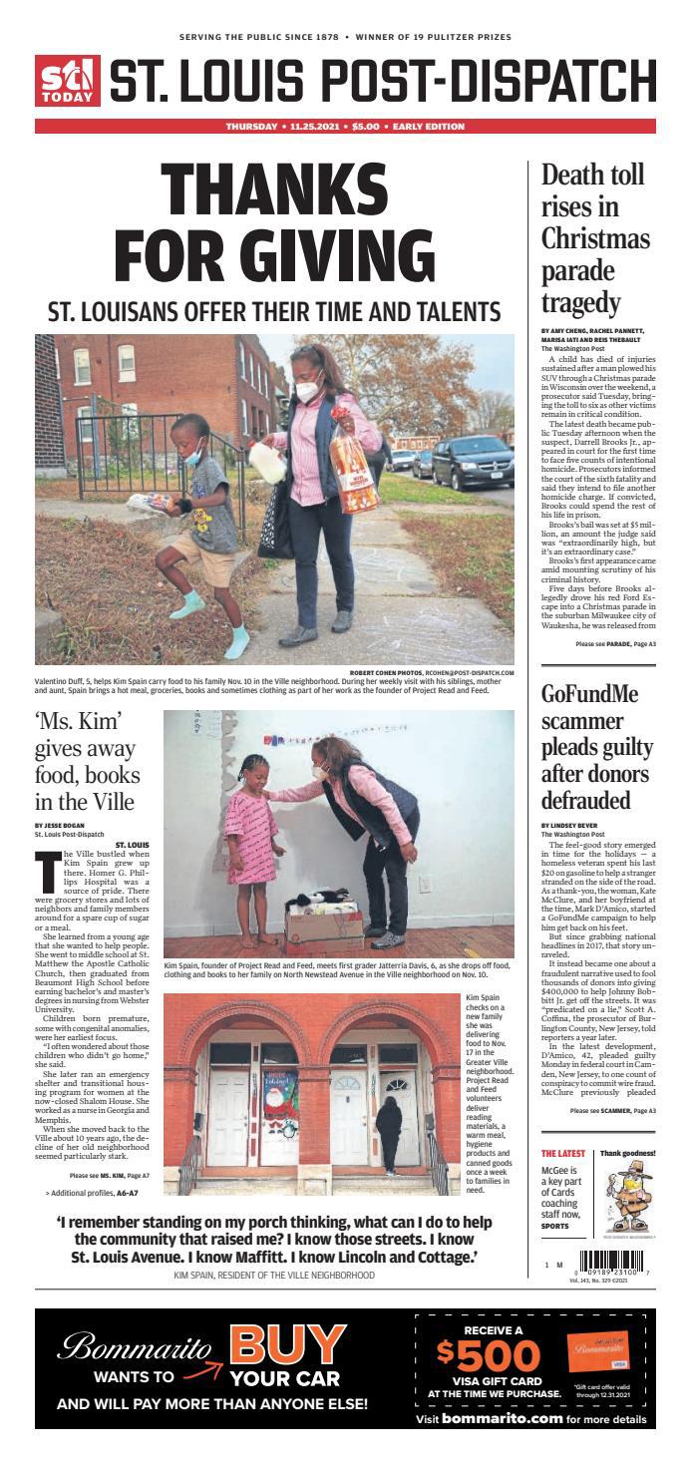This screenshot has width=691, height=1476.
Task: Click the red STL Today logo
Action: pyautogui.click(x=68, y=81)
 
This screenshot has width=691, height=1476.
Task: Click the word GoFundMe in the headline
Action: pyautogui.click(x=595, y=695)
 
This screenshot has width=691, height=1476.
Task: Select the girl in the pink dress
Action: pyautogui.click(x=252, y=848)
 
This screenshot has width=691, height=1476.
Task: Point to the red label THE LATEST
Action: pyautogui.click(x=563, y=1153)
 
